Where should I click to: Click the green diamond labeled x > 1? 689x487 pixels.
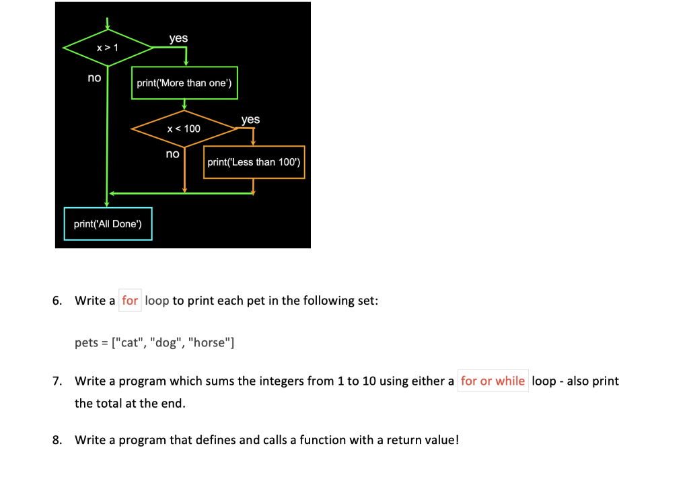click(x=108, y=48)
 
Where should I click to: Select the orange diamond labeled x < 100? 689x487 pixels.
click(x=184, y=128)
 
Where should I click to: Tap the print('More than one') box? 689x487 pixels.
click(x=184, y=83)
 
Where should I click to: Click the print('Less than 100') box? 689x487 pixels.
click(x=254, y=162)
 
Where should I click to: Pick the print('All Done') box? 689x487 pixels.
click(x=108, y=223)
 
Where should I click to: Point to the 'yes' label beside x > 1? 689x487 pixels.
click(x=178, y=38)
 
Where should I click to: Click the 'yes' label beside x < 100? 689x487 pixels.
click(x=250, y=119)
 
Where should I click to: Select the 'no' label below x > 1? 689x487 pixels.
click(x=94, y=78)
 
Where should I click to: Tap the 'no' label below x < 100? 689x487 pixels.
click(x=173, y=154)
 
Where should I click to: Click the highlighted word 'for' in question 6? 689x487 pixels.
click(x=130, y=300)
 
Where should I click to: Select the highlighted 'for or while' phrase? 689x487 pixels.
click(x=493, y=381)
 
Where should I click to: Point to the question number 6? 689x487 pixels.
click(x=57, y=300)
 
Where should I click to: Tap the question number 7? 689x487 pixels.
click(x=57, y=381)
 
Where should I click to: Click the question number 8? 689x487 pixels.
click(x=57, y=440)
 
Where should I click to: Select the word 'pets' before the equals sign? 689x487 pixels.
click(x=86, y=342)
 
